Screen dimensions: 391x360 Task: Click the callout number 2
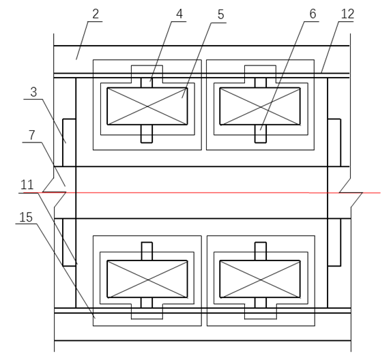pos(96,14)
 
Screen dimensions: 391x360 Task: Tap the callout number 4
pos(179,14)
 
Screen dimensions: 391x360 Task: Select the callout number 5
pos(220,15)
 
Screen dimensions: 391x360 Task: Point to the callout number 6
pos(313,14)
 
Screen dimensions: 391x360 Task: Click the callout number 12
pos(347,14)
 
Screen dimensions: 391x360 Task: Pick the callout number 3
pos(33,92)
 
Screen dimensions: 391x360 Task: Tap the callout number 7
pos(31,135)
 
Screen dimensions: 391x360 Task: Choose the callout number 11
pos(27,185)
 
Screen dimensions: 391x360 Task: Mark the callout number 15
pos(26,217)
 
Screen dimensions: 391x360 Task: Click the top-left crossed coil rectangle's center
pos(147,106)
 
